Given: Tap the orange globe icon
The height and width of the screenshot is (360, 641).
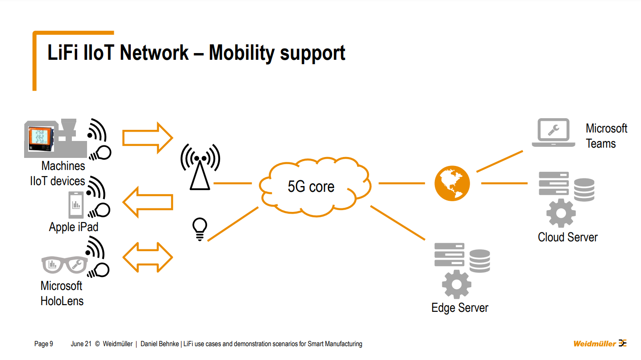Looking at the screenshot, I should coord(452,183).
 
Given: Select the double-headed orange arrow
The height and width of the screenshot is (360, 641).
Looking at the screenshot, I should coord(147,258).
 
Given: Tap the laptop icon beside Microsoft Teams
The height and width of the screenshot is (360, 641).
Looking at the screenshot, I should coord(553,132).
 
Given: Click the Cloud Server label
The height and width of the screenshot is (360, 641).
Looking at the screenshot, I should coord(567,237).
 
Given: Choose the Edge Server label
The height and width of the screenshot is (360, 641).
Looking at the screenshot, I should coord(460,308).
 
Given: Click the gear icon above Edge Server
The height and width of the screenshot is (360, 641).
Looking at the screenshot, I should coord(456,284).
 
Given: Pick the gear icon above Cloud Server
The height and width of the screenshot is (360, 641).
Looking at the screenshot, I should coord(561,213).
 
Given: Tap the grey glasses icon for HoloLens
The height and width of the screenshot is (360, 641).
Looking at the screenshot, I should coord(64,265).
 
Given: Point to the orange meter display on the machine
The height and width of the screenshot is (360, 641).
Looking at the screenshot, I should coord(41,137).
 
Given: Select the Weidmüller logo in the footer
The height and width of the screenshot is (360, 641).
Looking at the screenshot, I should coord(599,343).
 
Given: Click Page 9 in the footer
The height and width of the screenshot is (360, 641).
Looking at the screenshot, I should coord(44,344).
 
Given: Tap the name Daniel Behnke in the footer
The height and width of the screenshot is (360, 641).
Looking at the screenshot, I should coord(160,344).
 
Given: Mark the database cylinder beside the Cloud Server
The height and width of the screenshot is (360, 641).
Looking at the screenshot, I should coord(584,190).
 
